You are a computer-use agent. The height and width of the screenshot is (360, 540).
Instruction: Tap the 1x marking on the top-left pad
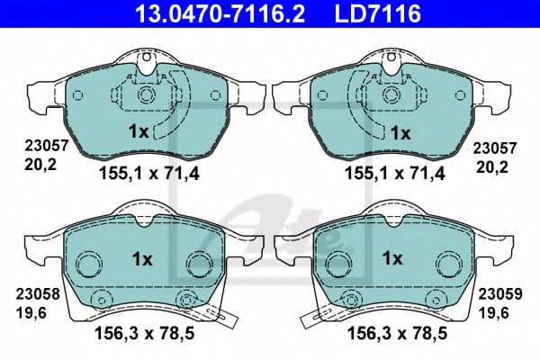click(x=139, y=131)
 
